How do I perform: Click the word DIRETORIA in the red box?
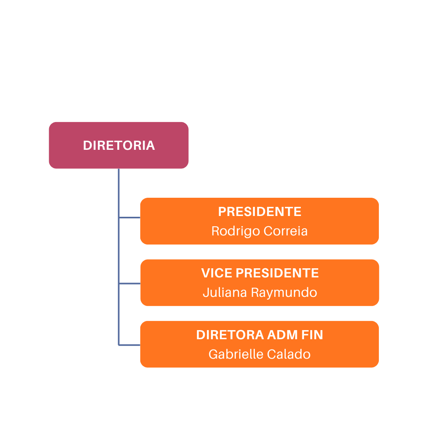(x=119, y=145)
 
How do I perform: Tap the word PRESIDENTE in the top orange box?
(x=260, y=212)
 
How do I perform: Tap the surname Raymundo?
(x=284, y=293)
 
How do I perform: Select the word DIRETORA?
(x=230, y=335)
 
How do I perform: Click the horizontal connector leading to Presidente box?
(x=130, y=218)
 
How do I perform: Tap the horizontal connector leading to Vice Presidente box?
(x=130, y=283)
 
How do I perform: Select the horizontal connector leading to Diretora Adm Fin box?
(x=130, y=345)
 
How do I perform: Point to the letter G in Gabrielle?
(x=213, y=354)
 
